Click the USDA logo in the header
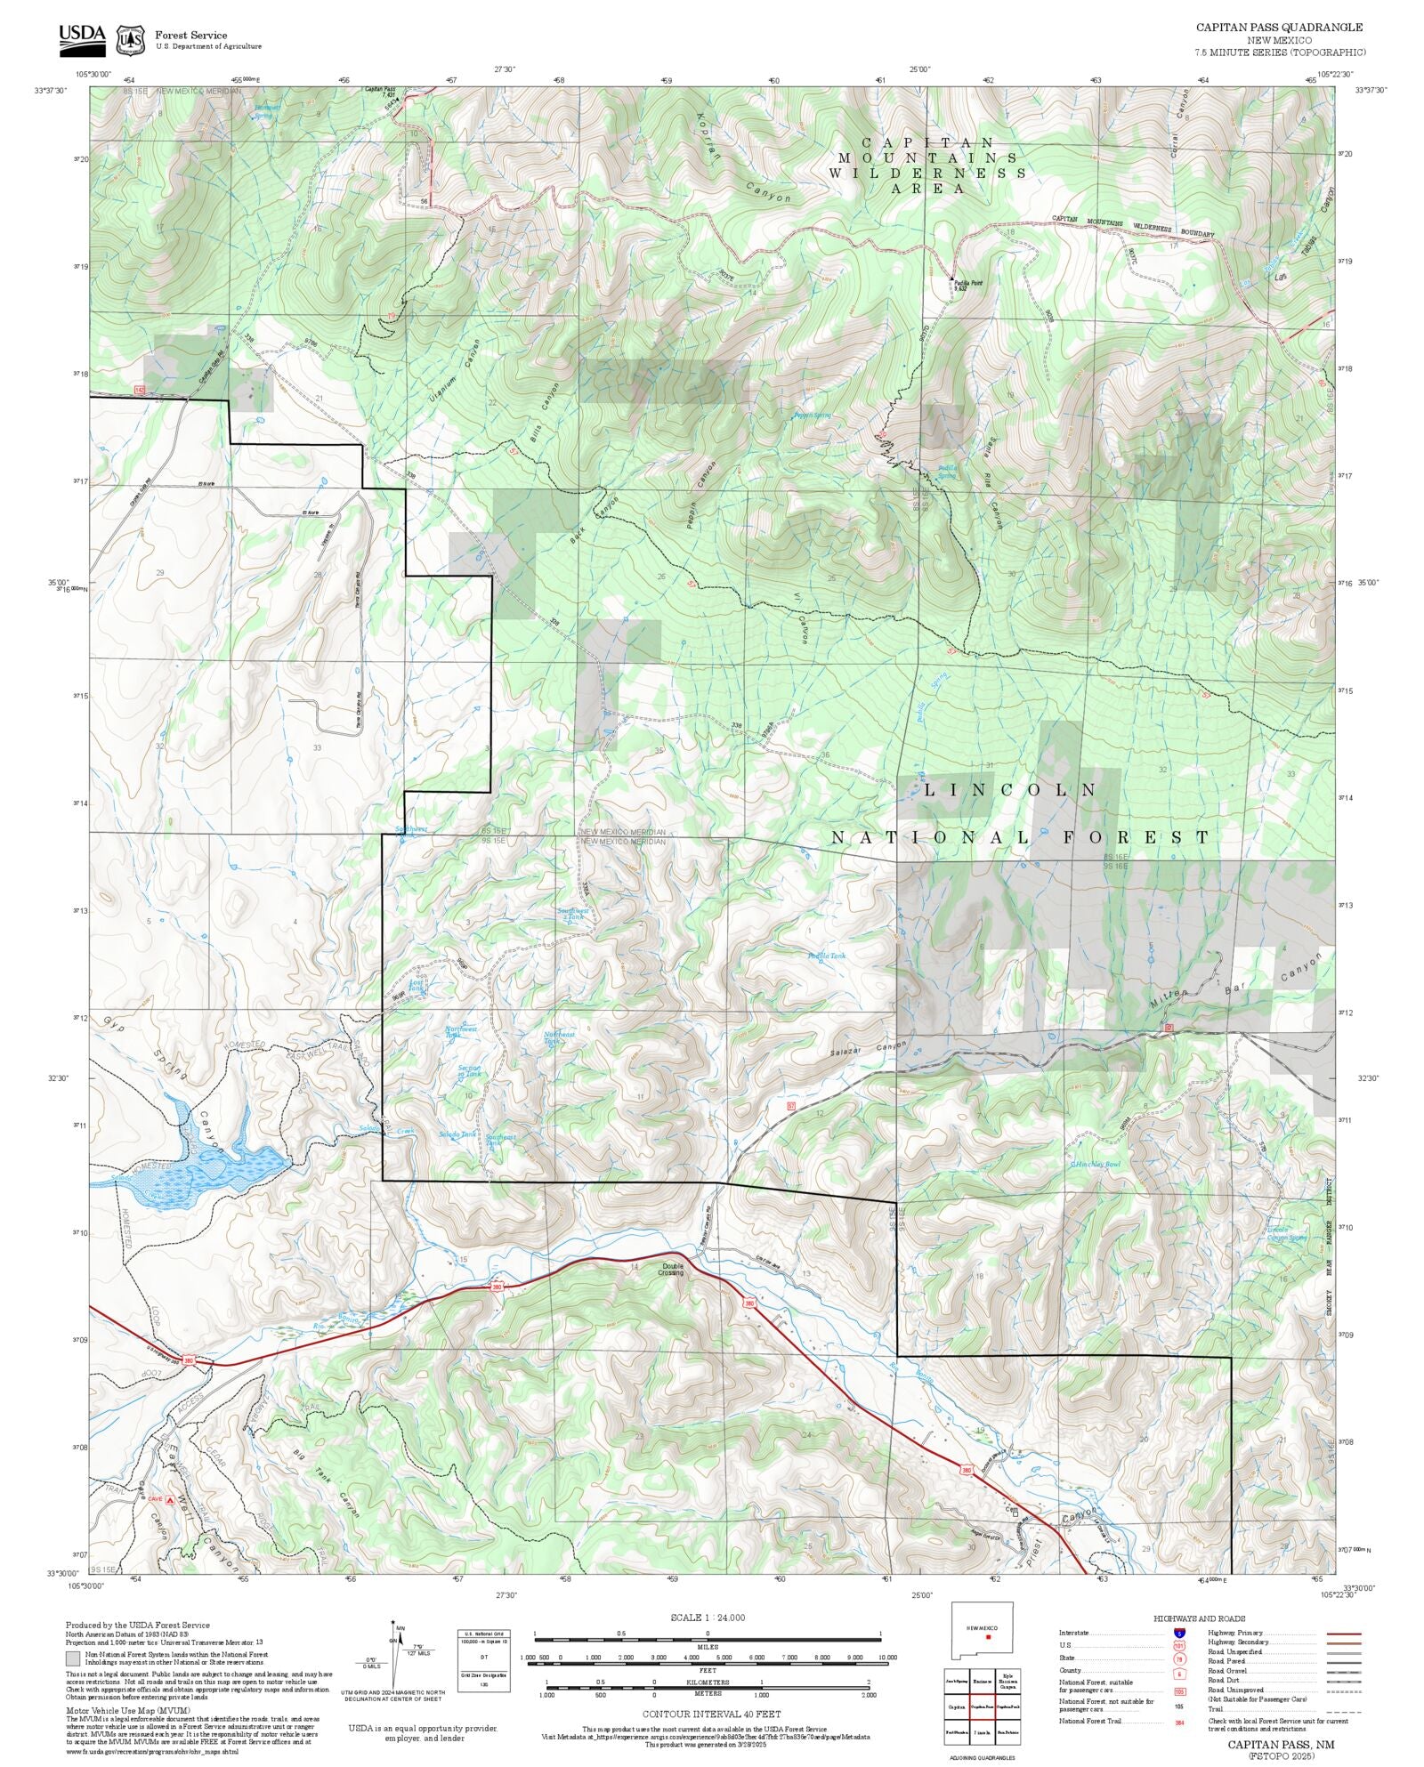pos(82,36)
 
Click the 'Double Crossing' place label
pos(671,1270)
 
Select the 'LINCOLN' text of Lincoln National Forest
pos(1010,790)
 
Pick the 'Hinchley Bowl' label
pos(1097,1164)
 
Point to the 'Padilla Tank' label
pos(827,956)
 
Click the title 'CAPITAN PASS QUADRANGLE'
pos(1278,28)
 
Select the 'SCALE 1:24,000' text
pos(708,1617)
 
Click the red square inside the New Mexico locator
pos(988,1636)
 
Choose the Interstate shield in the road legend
pos(1180,1633)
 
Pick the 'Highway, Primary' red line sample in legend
pos(1344,1633)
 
